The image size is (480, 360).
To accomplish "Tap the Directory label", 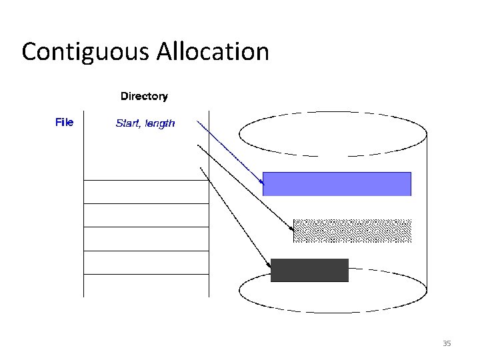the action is tap(144, 96).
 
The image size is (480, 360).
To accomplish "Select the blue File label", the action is tap(64, 122).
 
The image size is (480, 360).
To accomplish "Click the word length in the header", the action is tap(159, 123).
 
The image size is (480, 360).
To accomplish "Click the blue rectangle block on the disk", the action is tap(337, 183).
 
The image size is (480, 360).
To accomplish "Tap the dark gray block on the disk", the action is tap(309, 270).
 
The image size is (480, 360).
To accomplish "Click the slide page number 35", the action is tap(447, 343).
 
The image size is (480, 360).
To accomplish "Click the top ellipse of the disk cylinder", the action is tap(332, 133).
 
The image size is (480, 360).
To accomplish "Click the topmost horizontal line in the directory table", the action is tap(147, 180).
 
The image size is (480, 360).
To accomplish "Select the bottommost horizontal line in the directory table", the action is tap(147, 273).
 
